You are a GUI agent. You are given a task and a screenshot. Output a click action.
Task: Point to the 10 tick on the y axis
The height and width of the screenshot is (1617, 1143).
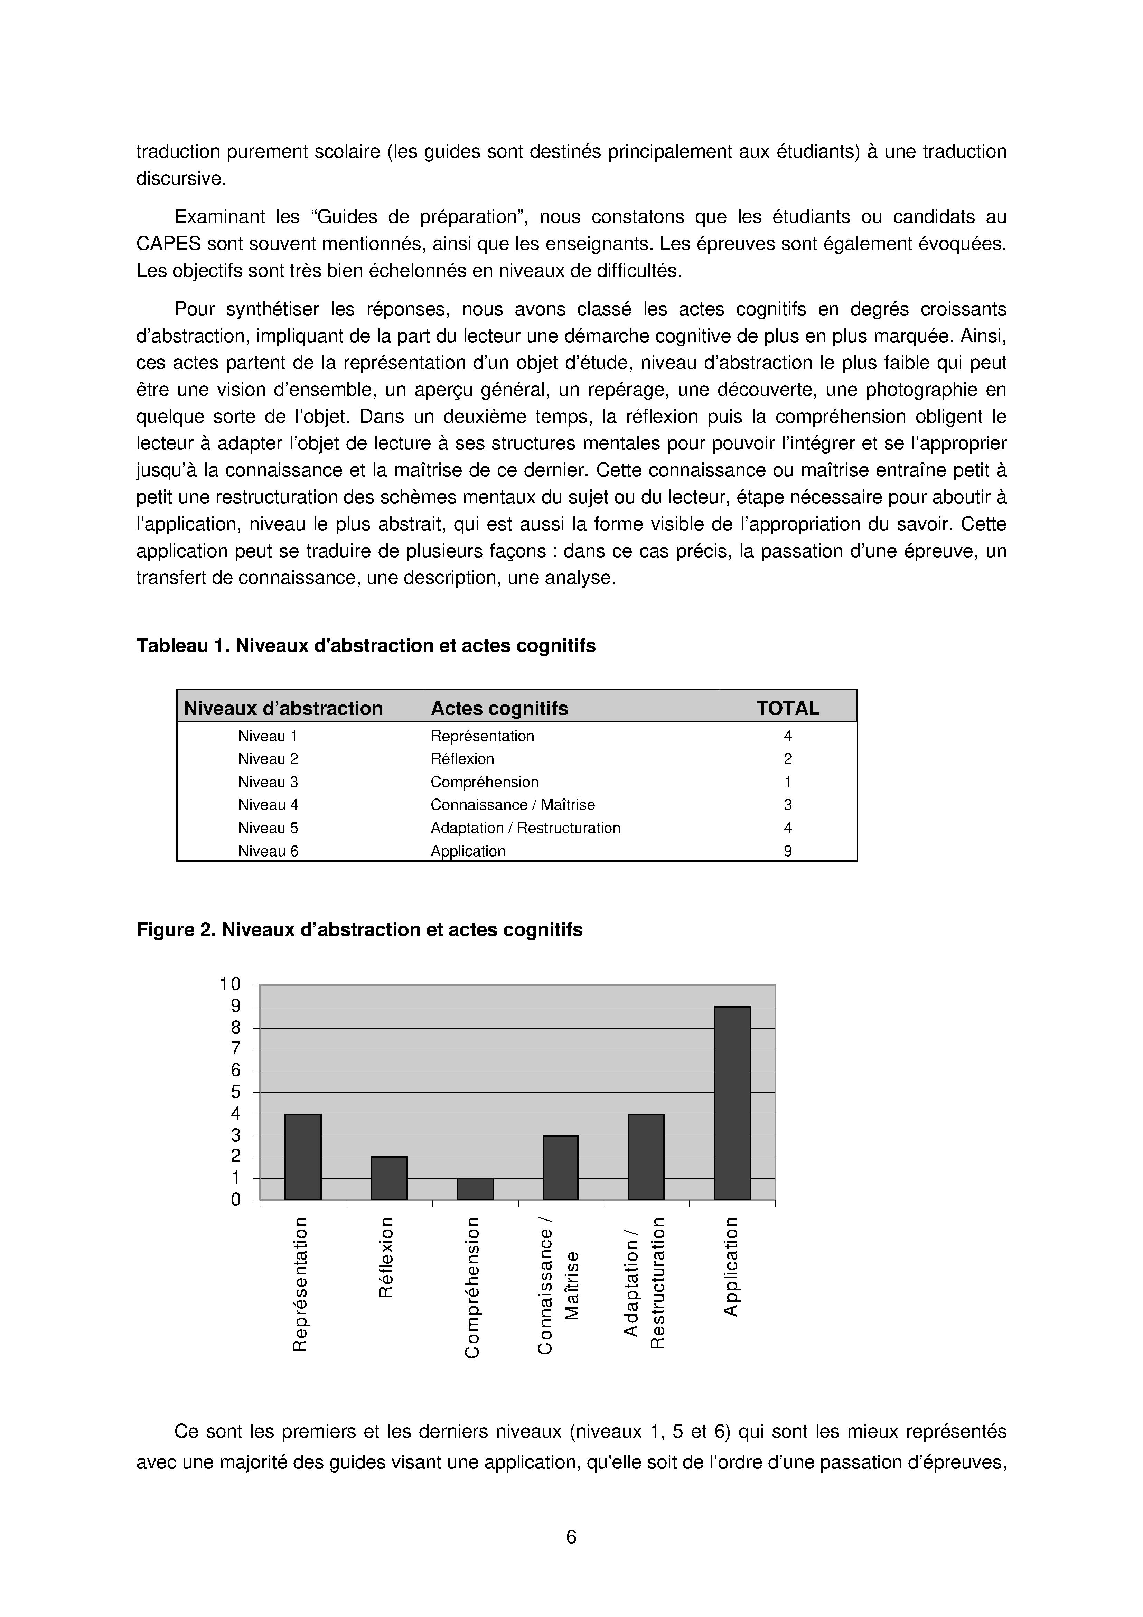coord(230,984)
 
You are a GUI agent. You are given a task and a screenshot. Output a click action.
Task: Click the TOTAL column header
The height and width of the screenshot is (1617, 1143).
coord(787,709)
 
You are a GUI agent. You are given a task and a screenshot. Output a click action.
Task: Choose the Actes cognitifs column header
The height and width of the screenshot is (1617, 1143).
coord(499,709)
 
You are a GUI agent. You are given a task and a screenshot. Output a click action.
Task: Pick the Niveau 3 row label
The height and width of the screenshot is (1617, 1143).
coord(268,782)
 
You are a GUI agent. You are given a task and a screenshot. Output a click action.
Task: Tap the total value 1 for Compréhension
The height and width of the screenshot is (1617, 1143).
coord(787,782)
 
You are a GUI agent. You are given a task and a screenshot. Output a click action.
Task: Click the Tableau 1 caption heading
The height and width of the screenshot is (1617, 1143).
coord(366,646)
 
